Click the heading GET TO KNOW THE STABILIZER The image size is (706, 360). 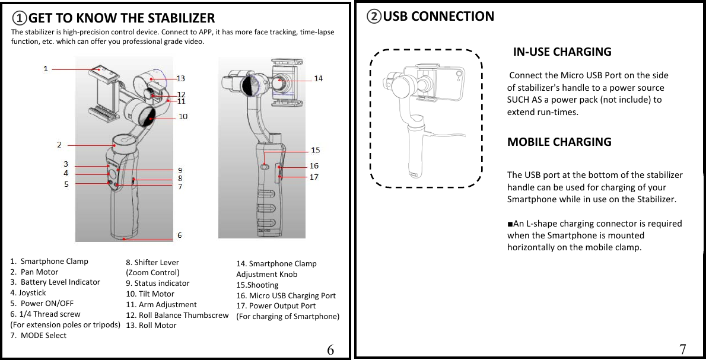point(121,18)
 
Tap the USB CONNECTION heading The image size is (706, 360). point(438,16)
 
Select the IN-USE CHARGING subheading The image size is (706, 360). point(561,52)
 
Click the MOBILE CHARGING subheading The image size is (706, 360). point(559,142)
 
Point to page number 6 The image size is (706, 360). point(330,349)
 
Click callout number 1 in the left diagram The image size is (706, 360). point(46,69)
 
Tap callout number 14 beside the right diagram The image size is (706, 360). point(318,78)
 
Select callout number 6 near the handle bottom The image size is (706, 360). point(180,235)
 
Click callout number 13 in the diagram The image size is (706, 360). point(180,78)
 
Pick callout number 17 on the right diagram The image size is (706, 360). point(314,177)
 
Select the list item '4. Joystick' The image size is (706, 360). point(28,292)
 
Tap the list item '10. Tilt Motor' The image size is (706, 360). point(150,294)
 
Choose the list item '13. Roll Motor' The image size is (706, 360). point(151,325)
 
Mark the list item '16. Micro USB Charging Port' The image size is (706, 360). point(286,295)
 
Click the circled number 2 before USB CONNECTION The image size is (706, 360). point(374,17)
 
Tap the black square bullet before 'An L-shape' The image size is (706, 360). point(510,224)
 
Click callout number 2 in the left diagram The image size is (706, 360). point(59,144)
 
